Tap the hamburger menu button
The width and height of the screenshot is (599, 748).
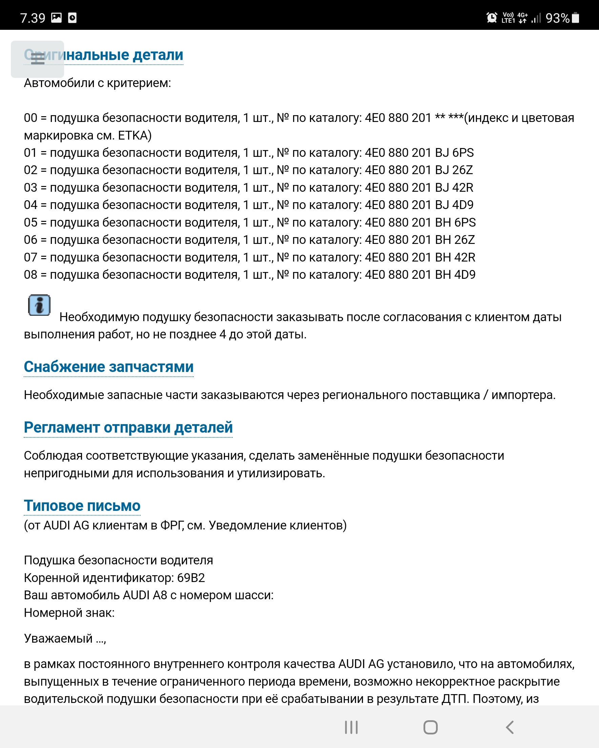(x=38, y=59)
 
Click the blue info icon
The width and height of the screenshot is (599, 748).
(x=39, y=305)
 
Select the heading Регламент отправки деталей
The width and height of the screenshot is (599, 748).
(x=128, y=428)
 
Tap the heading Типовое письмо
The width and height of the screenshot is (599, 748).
(x=82, y=506)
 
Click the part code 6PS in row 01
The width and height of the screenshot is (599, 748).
(x=463, y=153)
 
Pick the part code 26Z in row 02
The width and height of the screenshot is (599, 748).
(x=462, y=170)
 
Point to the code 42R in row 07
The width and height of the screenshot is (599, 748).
(x=465, y=257)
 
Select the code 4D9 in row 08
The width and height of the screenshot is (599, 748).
(x=465, y=275)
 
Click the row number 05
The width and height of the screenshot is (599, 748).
(x=30, y=222)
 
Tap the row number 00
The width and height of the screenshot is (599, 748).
(x=30, y=118)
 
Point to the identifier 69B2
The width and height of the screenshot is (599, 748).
(x=191, y=578)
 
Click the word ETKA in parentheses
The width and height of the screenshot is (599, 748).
(x=133, y=135)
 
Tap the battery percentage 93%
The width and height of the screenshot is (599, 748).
(x=557, y=18)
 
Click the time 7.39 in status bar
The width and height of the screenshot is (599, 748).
(x=33, y=18)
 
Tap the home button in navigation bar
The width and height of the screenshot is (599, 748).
(x=430, y=727)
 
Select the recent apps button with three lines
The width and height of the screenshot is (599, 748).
(x=351, y=727)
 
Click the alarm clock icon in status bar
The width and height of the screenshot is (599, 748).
(x=491, y=18)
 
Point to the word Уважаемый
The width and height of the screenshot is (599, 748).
(x=58, y=639)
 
